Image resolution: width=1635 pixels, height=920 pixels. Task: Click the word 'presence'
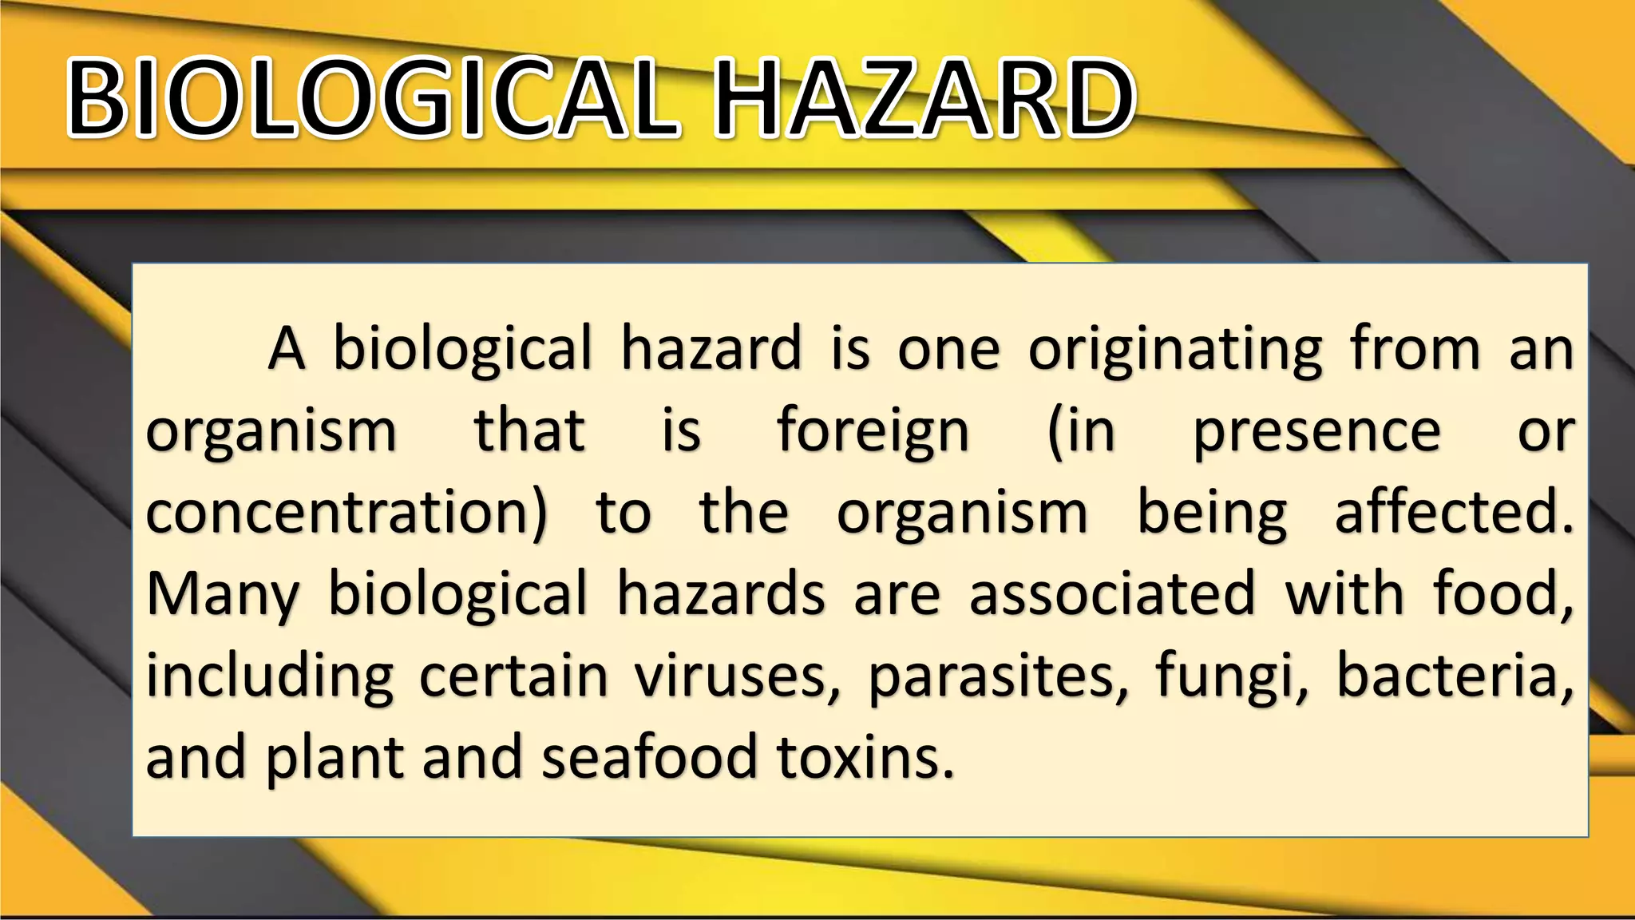coord(1316,431)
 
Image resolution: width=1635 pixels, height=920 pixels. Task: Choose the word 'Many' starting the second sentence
coord(223,595)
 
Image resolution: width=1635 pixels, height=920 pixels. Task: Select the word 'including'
coord(269,677)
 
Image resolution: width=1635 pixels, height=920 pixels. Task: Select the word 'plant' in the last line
coord(335,759)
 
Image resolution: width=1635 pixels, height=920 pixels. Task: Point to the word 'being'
coord(1211,513)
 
